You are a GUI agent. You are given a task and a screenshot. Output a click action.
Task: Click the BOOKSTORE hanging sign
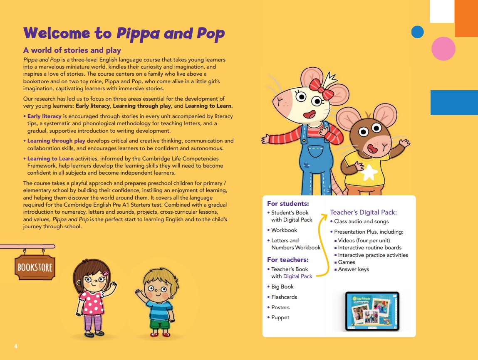pos(35,266)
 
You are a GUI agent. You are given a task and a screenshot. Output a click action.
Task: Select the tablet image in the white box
pos(372,311)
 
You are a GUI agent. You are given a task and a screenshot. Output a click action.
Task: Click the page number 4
pos(16,346)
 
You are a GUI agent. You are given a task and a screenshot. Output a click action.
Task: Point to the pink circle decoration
pos(443,49)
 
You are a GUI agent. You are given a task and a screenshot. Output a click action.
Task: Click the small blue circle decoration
pos(417,32)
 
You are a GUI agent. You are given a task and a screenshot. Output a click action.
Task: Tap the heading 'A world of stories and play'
pos(72,50)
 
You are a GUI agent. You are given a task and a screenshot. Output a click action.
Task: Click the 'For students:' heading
pos(288,204)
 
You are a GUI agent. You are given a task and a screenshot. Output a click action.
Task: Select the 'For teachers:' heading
pos(288,260)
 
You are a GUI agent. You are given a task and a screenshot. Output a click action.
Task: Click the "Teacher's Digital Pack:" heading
pos(363,212)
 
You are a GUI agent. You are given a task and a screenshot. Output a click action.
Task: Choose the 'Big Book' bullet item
pos(282,287)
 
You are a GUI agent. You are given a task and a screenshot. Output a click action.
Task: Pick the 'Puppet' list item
pos(280,318)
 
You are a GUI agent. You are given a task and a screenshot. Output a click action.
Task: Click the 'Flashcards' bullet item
pos(284,297)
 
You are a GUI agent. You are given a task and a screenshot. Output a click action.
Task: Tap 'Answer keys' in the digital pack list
pos(353,269)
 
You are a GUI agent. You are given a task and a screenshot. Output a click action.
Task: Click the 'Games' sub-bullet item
pos(347,262)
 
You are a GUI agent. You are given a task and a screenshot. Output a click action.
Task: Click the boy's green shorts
pos(160,324)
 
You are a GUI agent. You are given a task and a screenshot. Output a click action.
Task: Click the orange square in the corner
pos(466,18)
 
